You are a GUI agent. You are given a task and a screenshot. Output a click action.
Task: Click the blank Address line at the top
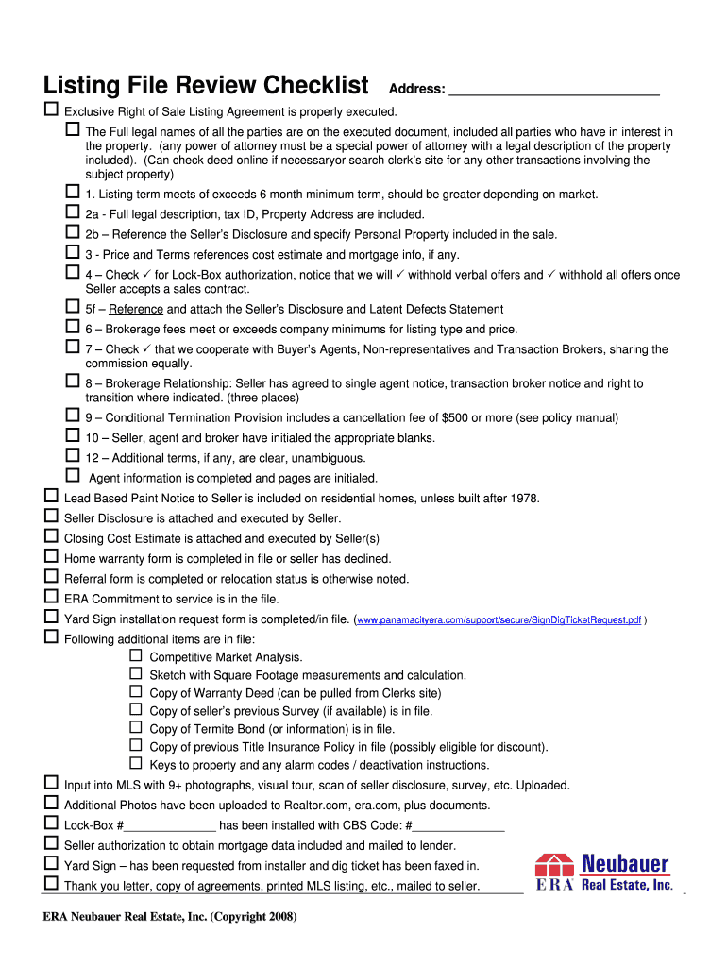(553, 90)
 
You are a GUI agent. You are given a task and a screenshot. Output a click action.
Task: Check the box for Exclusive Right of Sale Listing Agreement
(52, 110)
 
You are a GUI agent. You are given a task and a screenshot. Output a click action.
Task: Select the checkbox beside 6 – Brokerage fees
(73, 327)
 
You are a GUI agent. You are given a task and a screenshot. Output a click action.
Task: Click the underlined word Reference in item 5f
(136, 310)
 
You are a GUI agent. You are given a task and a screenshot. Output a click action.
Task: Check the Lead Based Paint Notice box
(52, 496)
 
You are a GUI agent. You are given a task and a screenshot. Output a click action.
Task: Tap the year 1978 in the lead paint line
(524, 499)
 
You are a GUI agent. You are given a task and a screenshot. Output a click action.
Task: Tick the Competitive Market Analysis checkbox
(136, 654)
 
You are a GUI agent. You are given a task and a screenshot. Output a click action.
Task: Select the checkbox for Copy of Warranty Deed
(136, 690)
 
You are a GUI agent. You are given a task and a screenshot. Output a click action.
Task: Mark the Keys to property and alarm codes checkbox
(136, 762)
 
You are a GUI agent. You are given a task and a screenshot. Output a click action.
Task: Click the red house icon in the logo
(555, 866)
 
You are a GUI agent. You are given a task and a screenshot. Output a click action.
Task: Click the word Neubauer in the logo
(625, 863)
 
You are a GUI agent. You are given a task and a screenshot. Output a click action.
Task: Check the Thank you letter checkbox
(52, 884)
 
